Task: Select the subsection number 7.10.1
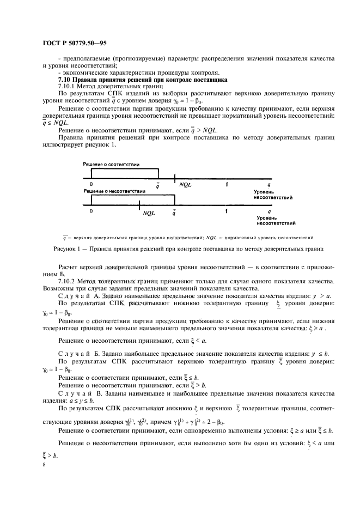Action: [67, 87]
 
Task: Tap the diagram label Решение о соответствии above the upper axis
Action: [111, 164]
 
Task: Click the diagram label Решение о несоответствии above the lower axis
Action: [114, 191]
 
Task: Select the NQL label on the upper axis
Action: [185, 185]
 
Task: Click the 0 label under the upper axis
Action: [91, 185]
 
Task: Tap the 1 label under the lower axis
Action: [226, 211]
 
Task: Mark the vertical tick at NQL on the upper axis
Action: [174, 178]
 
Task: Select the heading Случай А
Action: [78, 295]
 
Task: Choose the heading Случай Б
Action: [78, 354]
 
